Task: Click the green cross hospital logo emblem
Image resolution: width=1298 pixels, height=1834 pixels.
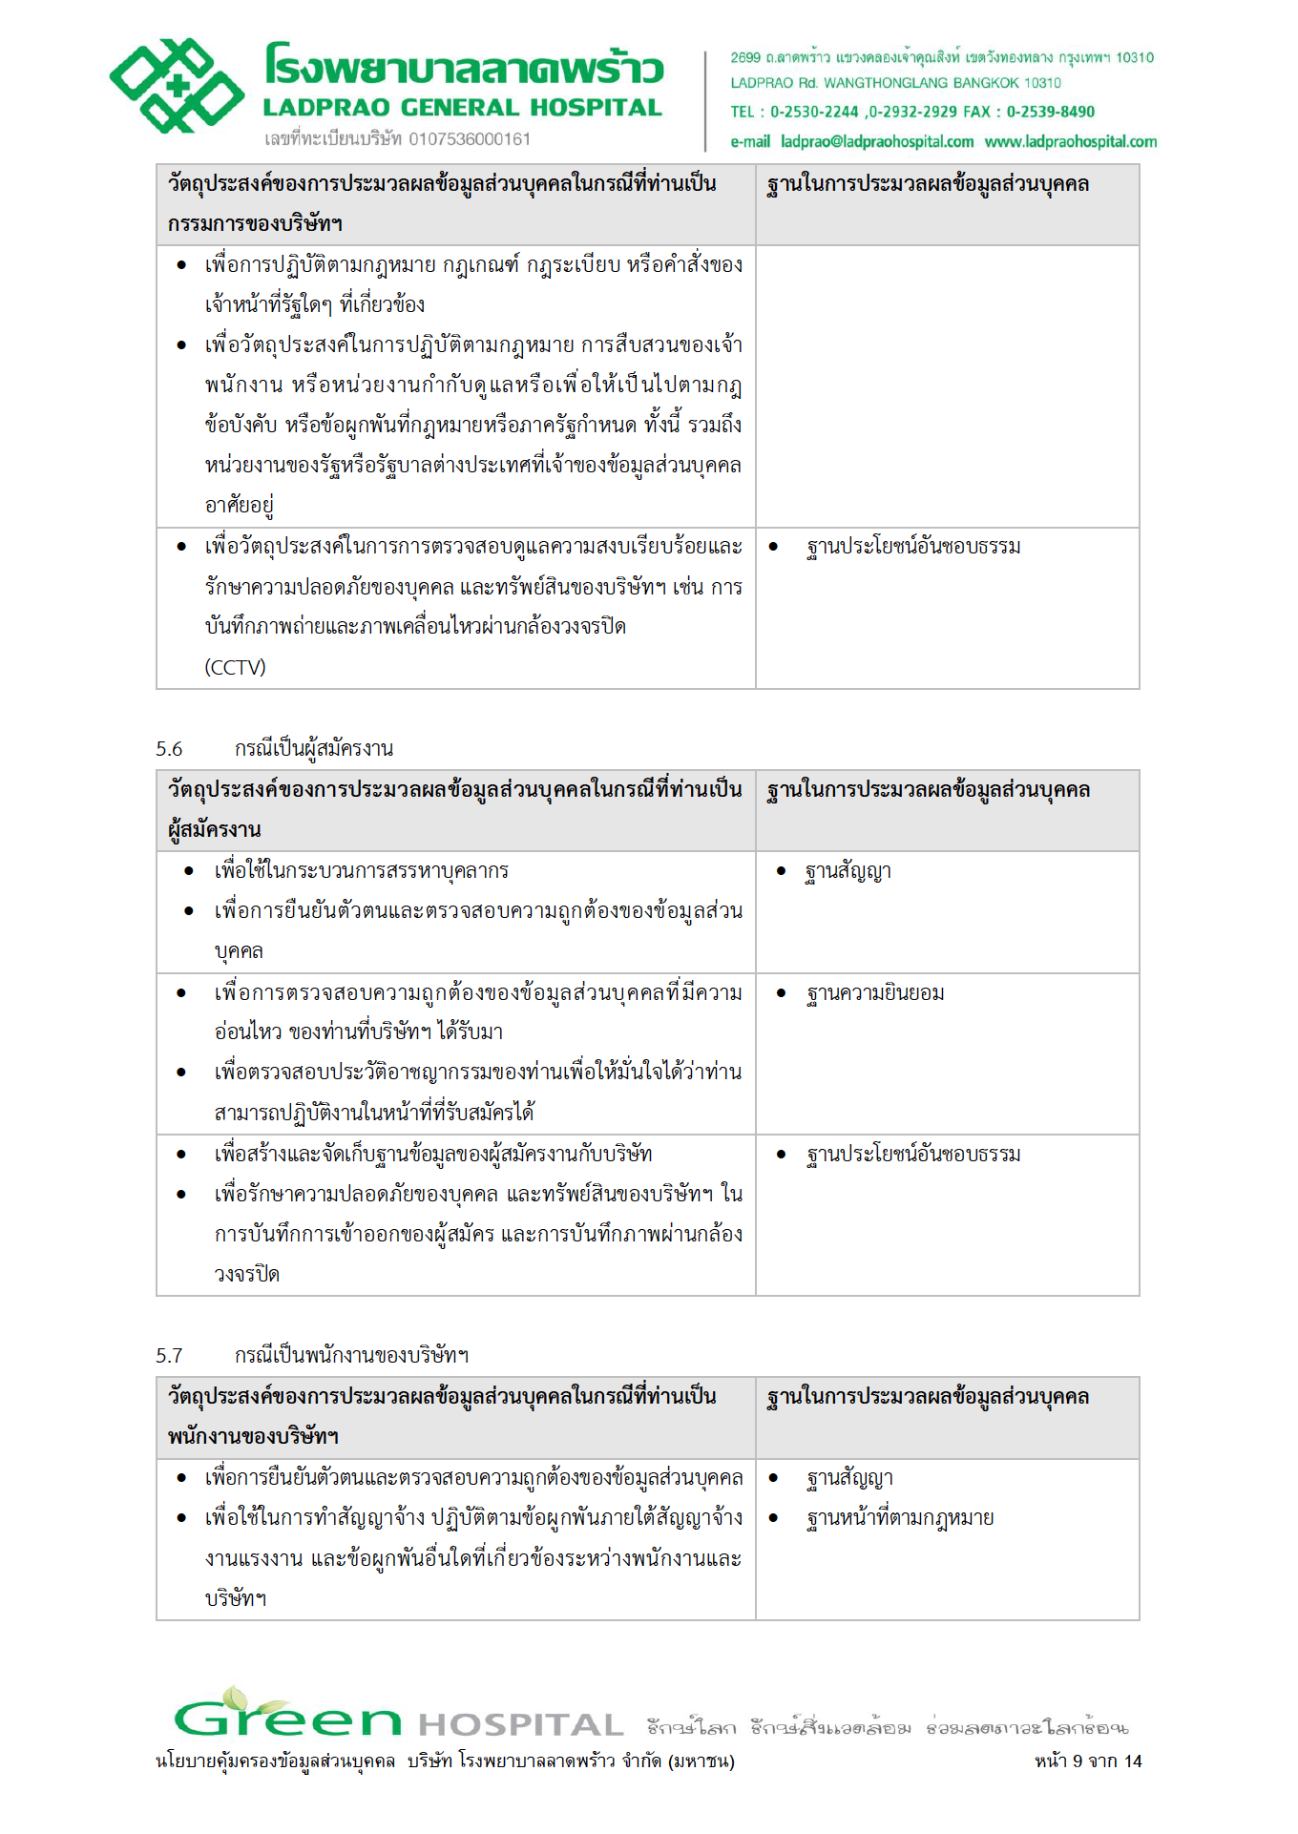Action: click(x=177, y=86)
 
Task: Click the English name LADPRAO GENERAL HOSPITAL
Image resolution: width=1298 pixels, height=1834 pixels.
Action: click(x=463, y=108)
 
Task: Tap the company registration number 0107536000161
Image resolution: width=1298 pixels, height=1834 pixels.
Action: click(x=470, y=139)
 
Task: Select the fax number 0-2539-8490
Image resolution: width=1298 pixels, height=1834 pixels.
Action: click(x=1050, y=112)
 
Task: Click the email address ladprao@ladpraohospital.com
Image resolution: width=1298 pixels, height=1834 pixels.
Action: click(x=877, y=142)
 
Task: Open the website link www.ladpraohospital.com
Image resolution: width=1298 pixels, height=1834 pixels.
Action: click(x=1071, y=142)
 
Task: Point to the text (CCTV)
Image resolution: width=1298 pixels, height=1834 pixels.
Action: click(x=235, y=667)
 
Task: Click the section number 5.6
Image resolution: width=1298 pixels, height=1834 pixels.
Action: click(x=169, y=749)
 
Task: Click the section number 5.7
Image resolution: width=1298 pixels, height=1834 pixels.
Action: click(x=169, y=1355)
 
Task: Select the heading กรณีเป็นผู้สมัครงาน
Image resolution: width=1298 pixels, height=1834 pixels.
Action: click(x=314, y=749)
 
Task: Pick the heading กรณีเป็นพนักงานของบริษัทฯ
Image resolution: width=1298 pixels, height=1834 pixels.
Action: click(x=351, y=1355)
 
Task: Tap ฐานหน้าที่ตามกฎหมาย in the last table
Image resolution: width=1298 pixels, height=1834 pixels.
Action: click(x=900, y=1518)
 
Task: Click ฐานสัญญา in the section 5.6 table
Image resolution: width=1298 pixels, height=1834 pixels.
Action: click(x=848, y=871)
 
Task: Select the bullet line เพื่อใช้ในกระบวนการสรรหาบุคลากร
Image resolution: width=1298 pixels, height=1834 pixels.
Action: click(x=361, y=871)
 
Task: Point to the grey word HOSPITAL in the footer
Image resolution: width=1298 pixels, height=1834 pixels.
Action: click(x=520, y=1725)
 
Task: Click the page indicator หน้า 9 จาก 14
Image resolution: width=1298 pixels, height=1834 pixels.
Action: click(x=1088, y=1761)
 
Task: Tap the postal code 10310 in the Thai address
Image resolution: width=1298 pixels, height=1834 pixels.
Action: click(x=1135, y=58)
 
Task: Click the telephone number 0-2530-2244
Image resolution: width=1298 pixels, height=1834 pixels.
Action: click(x=814, y=112)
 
